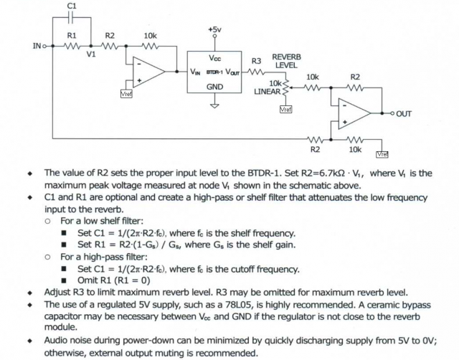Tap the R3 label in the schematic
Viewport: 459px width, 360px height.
256,61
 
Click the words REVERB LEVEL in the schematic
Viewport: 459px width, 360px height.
286,60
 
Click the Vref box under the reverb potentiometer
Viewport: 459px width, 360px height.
286,109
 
